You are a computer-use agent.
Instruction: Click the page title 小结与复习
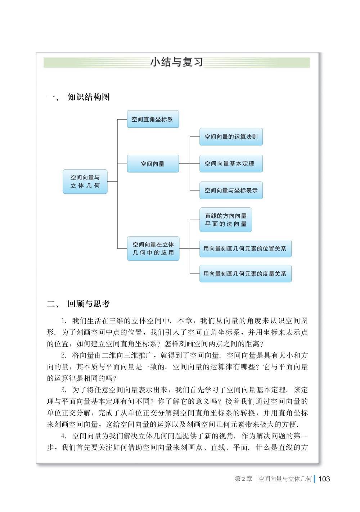[176, 62]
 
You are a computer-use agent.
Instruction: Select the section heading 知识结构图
[89, 97]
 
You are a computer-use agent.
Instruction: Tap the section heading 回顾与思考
[89, 304]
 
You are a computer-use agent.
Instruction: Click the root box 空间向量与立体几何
[85, 181]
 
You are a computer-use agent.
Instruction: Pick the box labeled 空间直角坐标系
[153, 119]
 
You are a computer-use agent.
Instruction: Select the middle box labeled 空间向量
[153, 164]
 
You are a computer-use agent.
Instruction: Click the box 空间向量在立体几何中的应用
[153, 248]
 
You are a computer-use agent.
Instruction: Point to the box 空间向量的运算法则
[231, 137]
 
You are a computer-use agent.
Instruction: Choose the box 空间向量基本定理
[231, 164]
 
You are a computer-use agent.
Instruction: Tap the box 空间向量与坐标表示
[231, 190]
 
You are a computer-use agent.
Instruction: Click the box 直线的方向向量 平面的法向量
[226, 220]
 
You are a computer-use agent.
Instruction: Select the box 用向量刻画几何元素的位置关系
[245, 248]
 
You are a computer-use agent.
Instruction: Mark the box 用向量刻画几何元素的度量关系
[245, 274]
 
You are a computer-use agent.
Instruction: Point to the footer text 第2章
[243, 479]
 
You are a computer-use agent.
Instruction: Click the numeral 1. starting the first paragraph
[64, 321]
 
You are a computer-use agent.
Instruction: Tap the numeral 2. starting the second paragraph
[64, 356]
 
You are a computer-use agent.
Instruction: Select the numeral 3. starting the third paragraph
[64, 390]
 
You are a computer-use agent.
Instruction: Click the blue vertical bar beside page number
[315, 479]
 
